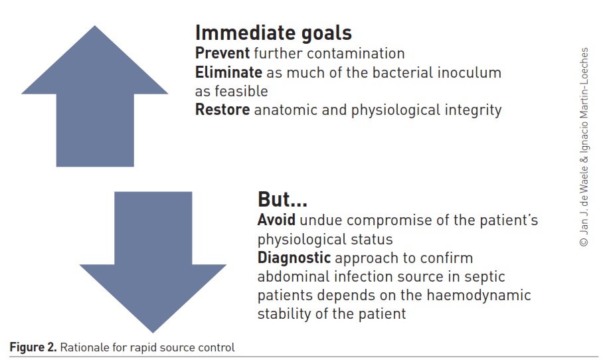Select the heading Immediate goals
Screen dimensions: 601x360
tap(274, 33)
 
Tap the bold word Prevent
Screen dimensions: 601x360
tap(222, 53)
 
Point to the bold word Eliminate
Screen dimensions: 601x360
tap(229, 72)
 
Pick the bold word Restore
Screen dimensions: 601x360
tap(222, 110)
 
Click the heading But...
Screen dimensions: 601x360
tap(282, 199)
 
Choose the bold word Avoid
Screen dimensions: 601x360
tap(276, 220)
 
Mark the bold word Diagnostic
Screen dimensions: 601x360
tap(294, 258)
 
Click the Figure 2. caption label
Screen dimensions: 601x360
tap(33, 347)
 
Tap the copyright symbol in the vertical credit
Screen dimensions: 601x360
tap(584, 242)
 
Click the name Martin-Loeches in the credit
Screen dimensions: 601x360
tap(584, 82)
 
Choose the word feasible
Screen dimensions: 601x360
tap(241, 91)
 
